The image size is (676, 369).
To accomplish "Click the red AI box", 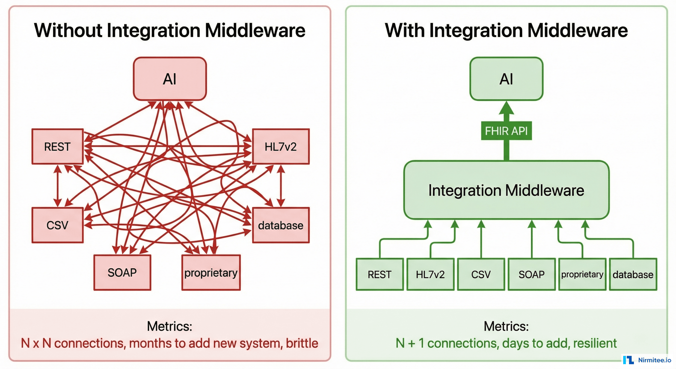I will pyautogui.click(x=170, y=79).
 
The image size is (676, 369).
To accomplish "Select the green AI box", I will pyautogui.click(x=506, y=79).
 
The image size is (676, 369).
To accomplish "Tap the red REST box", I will pyautogui.click(x=57, y=147).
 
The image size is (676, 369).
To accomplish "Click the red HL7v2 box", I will pyautogui.click(x=281, y=147).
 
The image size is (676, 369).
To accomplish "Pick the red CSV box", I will pyautogui.click(x=57, y=225).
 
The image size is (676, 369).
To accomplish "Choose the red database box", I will pyautogui.click(x=281, y=225).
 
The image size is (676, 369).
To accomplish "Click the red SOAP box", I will pyautogui.click(x=122, y=273).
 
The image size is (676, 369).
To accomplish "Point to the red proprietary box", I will pyautogui.click(x=211, y=273).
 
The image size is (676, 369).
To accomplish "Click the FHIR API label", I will pyautogui.click(x=506, y=130).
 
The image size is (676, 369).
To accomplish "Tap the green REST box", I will pyautogui.click(x=380, y=274).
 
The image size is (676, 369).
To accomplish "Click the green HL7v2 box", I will pyautogui.click(x=430, y=274).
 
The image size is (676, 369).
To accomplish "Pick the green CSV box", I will pyautogui.click(x=481, y=274).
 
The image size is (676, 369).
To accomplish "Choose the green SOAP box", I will pyautogui.click(x=532, y=274).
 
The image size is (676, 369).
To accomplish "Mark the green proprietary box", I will pyautogui.click(x=582, y=274).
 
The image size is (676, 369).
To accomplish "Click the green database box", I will pyautogui.click(x=633, y=274).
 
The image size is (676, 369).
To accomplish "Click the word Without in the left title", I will pyautogui.click(x=68, y=31).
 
